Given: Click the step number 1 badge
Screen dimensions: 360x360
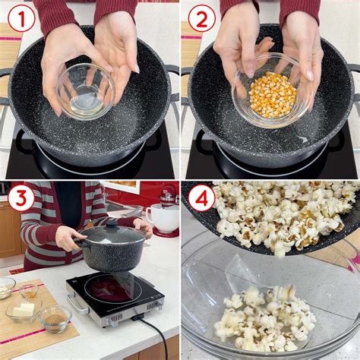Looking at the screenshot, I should click(21, 18).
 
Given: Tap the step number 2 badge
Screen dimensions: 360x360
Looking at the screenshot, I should click(201, 18).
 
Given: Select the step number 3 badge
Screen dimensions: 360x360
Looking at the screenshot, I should click(21, 199).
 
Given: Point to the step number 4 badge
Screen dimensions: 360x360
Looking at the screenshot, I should click(201, 199).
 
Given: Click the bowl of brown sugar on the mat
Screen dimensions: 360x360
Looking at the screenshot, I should click(55, 317).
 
